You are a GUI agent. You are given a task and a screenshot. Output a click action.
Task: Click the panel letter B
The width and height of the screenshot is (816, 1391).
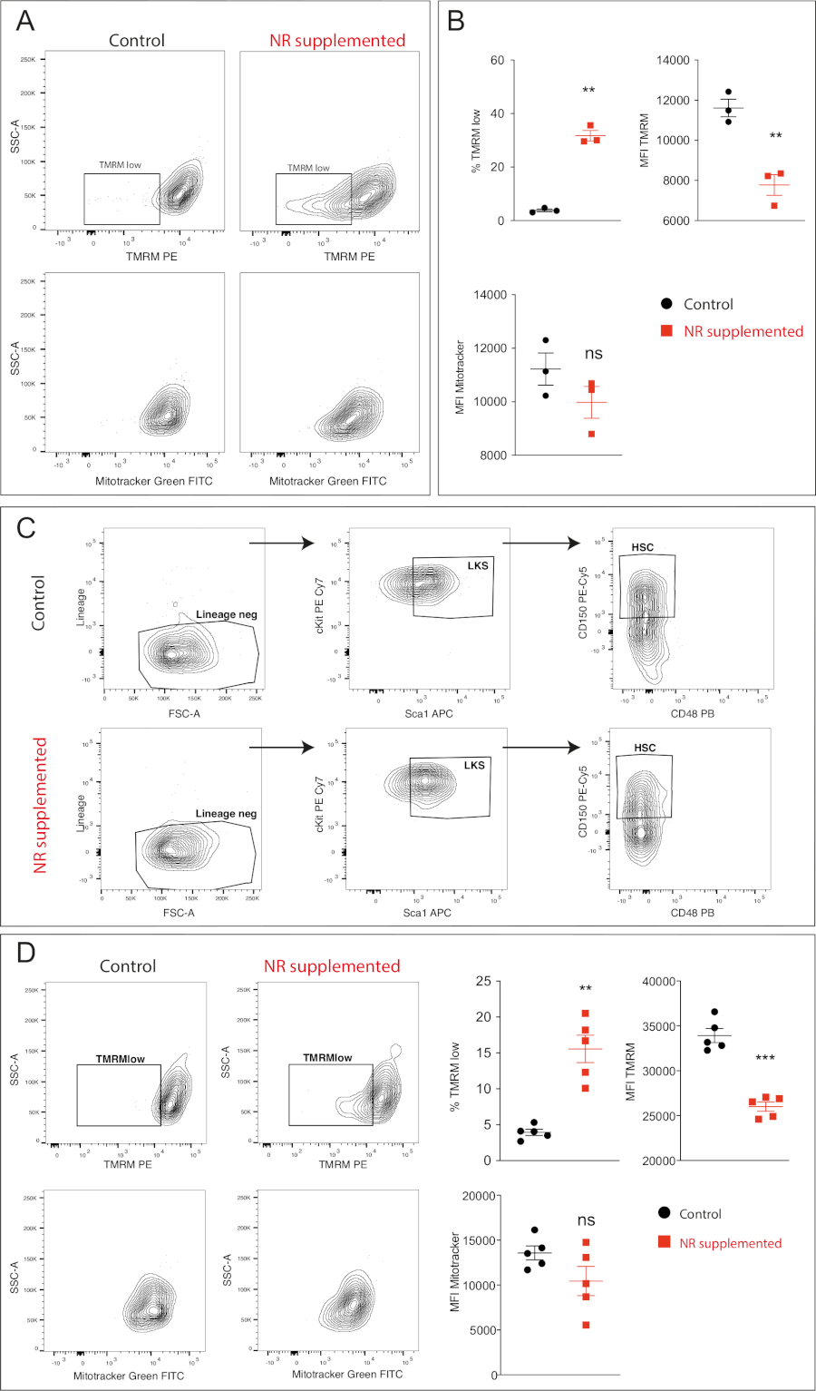[456, 21]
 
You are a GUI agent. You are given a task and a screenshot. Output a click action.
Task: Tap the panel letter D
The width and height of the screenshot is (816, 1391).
[27, 952]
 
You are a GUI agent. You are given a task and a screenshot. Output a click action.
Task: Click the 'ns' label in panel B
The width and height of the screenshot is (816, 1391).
[593, 354]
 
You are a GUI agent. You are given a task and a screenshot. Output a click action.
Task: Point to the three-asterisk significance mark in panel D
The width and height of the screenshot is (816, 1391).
[765, 1058]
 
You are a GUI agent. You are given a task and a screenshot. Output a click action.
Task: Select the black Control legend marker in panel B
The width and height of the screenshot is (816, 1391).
[667, 304]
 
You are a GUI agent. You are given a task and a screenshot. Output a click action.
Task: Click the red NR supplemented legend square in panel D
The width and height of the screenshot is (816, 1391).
[665, 1241]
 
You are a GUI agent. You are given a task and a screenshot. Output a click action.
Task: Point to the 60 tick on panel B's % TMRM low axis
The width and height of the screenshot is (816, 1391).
[497, 61]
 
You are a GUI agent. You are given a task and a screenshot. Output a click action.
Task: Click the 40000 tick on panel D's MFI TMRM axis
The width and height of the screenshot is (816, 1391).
[658, 982]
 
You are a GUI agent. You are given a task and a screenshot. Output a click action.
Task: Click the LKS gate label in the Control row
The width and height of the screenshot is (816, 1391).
[478, 565]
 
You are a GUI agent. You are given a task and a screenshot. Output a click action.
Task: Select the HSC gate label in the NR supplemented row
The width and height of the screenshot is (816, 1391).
[645, 748]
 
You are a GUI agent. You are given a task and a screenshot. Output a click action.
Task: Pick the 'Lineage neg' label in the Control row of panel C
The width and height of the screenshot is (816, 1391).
[227, 614]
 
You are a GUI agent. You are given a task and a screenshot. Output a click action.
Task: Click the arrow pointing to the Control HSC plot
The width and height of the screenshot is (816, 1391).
[541, 543]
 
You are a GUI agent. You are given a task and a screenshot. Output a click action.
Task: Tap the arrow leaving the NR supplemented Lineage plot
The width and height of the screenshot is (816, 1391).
[281, 748]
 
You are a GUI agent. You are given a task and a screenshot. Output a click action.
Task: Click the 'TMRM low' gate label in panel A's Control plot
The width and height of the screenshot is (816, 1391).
[120, 165]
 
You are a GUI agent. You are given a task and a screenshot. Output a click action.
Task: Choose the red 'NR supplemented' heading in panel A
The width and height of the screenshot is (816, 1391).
[337, 41]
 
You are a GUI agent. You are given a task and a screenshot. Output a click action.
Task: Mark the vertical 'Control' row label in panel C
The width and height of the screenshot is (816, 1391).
[38, 602]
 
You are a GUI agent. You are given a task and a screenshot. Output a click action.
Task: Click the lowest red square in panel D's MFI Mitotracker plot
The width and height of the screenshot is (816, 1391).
[586, 1325]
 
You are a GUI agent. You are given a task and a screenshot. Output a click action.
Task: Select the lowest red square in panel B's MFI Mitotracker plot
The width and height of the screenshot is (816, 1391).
[591, 434]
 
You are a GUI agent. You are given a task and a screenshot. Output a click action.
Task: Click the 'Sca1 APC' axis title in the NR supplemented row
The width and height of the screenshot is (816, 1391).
[427, 913]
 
